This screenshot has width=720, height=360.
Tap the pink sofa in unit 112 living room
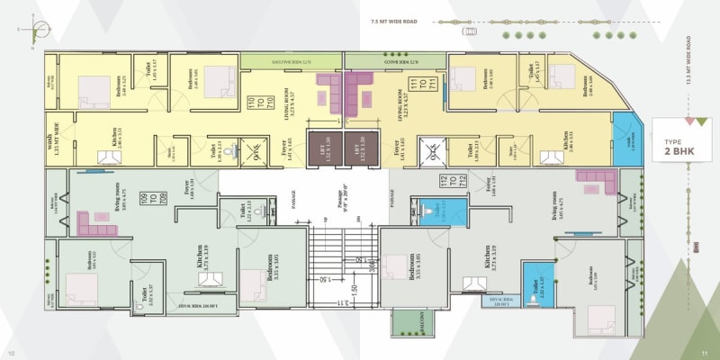(x=601, y=186)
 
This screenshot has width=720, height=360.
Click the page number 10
(x=12, y=352)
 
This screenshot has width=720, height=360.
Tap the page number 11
(x=706, y=352)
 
